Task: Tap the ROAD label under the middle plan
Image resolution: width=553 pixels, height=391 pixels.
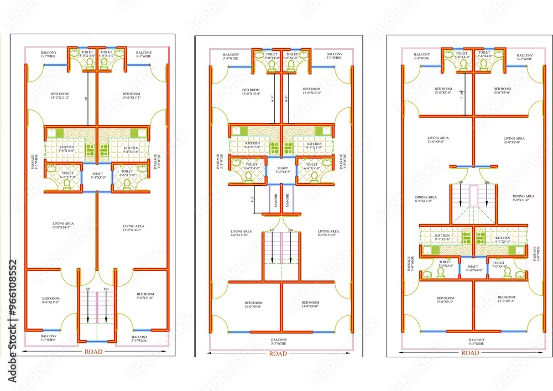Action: click(x=278, y=353)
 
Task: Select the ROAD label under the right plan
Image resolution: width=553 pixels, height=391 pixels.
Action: click(x=470, y=352)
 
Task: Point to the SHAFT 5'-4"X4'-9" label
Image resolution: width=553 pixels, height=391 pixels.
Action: click(x=282, y=170)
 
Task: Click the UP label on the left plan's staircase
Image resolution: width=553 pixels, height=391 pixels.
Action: click(x=87, y=289)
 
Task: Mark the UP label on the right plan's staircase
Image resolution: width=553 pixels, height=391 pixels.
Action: click(x=461, y=183)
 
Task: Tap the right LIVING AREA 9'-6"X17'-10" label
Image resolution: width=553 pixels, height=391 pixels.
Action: click(x=328, y=233)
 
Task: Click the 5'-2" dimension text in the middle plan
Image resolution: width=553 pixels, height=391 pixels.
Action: click(x=253, y=199)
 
